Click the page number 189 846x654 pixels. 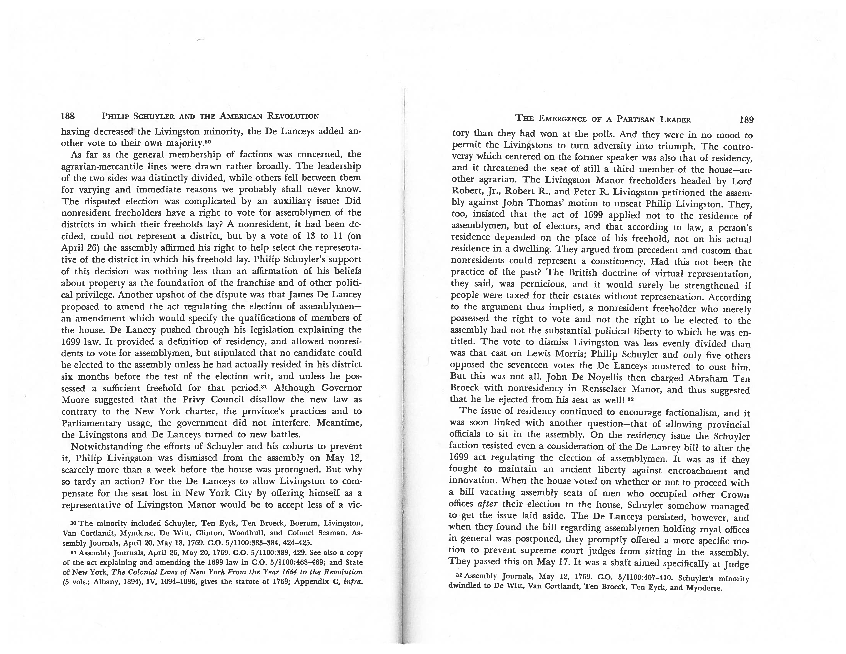746,120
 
